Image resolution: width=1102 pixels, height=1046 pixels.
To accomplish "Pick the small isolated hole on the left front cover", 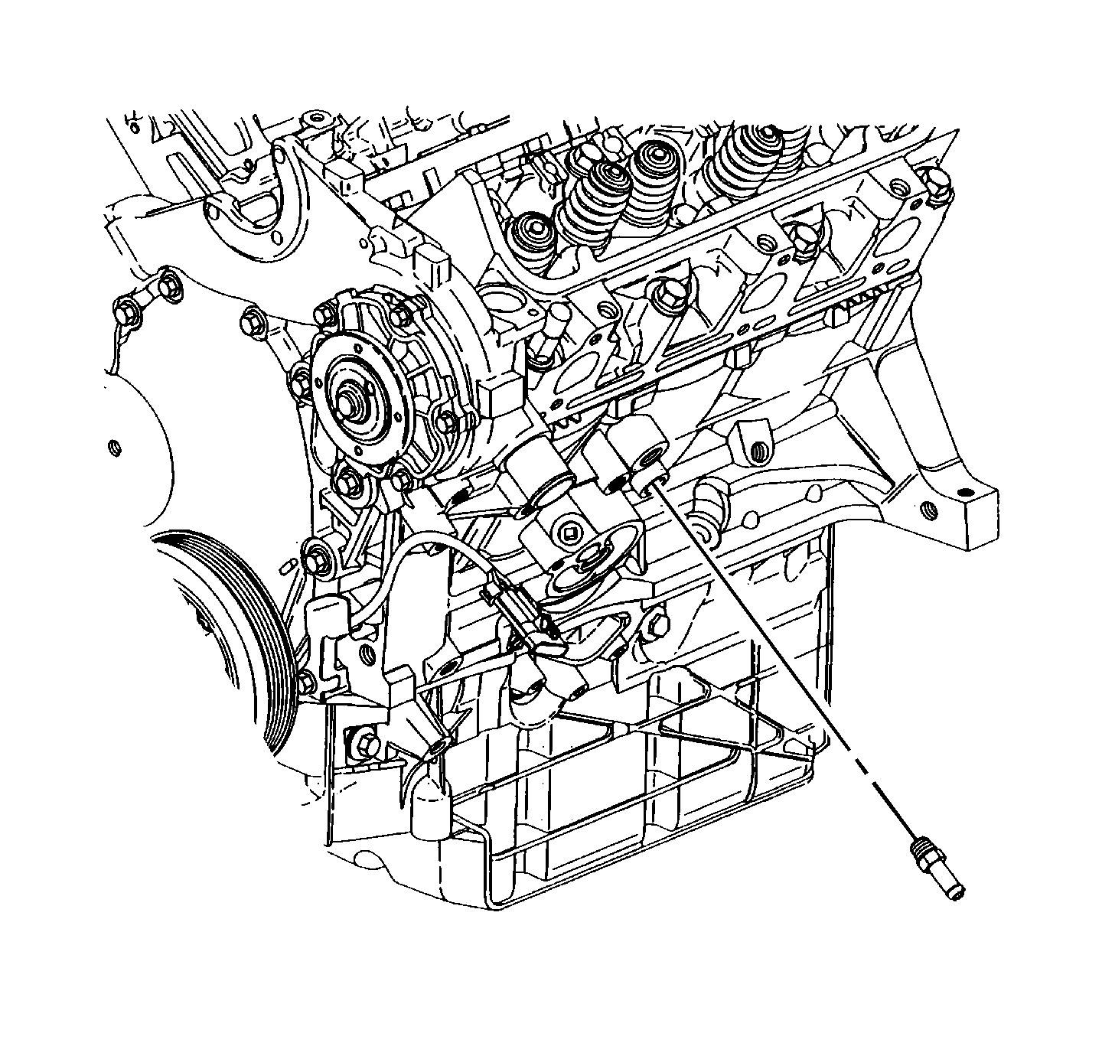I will [116, 446].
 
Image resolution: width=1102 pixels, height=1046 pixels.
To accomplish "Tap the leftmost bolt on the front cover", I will [126, 312].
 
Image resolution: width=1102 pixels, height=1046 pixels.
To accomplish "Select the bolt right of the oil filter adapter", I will [658, 625].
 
